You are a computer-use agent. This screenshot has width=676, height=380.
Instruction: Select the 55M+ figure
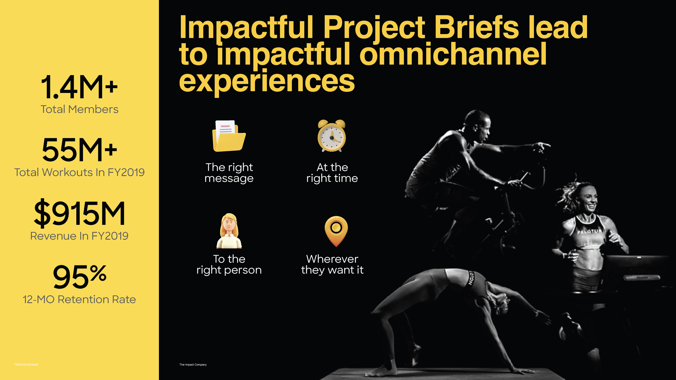point(79,150)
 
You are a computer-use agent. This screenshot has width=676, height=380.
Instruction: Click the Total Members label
point(79,109)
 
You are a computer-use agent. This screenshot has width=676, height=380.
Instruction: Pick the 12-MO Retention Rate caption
point(79,299)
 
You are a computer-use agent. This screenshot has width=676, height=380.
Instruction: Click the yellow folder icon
point(229,136)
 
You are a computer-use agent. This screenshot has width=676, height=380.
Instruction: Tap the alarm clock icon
point(332,136)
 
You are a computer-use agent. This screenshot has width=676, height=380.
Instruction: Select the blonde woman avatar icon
point(229,231)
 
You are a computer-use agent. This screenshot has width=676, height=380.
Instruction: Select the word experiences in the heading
point(267,81)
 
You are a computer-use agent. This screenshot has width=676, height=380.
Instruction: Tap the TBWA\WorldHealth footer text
point(26,365)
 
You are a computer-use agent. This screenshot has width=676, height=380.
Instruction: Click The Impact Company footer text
point(193,365)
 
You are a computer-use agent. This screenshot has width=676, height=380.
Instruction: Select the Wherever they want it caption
point(332,265)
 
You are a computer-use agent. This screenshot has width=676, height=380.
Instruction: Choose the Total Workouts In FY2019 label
point(79,172)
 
